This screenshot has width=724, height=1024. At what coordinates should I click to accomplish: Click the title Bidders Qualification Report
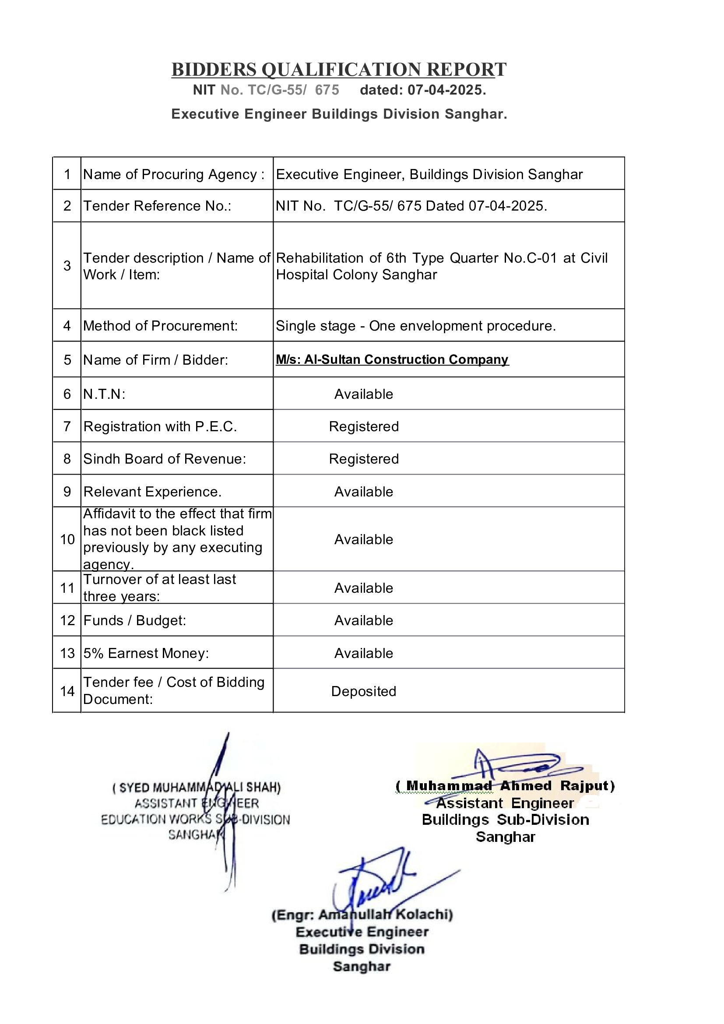339,70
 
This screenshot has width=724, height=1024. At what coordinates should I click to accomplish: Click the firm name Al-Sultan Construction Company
392,359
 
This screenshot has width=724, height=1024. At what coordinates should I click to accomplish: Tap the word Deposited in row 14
363,691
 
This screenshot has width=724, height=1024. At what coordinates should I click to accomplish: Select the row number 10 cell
67,539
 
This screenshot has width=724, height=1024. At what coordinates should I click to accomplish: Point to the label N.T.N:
104,394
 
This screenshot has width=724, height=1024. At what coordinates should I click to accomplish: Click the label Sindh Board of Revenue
165,458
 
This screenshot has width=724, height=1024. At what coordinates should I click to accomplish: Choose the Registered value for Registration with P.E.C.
363,426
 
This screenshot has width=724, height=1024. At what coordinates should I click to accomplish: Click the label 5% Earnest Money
146,653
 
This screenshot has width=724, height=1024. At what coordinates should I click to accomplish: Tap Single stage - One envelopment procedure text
415,326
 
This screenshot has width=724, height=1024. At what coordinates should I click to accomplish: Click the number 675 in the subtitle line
327,90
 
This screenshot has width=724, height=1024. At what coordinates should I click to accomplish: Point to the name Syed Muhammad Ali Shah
197,787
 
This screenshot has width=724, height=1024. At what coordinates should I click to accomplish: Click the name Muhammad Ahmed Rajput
505,786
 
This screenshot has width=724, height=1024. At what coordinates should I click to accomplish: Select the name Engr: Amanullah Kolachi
362,915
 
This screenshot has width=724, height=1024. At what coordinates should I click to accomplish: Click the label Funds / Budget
135,620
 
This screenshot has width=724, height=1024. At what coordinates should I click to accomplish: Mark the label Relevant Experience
152,492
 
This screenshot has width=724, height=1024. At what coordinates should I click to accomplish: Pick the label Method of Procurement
160,326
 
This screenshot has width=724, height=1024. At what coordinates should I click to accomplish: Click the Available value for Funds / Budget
363,620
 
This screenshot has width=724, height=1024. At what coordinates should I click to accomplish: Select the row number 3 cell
67,266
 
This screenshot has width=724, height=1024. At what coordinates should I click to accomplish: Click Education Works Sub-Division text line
195,819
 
